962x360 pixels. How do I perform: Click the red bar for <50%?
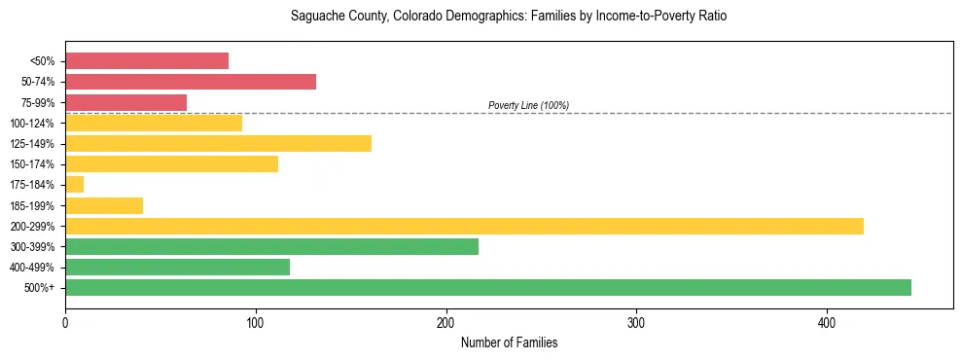[x=147, y=61]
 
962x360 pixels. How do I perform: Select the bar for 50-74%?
[x=191, y=82]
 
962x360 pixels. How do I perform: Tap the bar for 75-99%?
[x=125, y=102]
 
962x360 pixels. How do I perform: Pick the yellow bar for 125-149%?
[x=218, y=144]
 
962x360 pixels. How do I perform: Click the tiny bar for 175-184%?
[x=74, y=185]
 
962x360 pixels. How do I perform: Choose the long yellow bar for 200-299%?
[x=464, y=227]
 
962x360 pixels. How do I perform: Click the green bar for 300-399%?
[x=271, y=247]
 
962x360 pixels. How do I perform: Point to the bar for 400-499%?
[x=177, y=268]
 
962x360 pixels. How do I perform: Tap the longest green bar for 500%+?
[x=488, y=288]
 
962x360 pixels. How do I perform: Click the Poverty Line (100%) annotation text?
[x=528, y=105]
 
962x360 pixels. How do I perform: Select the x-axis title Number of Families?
[x=509, y=343]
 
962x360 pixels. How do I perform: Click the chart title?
[x=509, y=17]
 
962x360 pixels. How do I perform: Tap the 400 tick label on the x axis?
[x=827, y=322]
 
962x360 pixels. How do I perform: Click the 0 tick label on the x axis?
[x=65, y=322]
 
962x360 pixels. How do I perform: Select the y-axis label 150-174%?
[x=31, y=164]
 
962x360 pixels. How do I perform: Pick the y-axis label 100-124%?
[x=31, y=124]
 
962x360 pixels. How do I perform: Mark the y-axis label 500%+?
[x=39, y=288]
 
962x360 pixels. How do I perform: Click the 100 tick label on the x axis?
[x=256, y=322]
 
